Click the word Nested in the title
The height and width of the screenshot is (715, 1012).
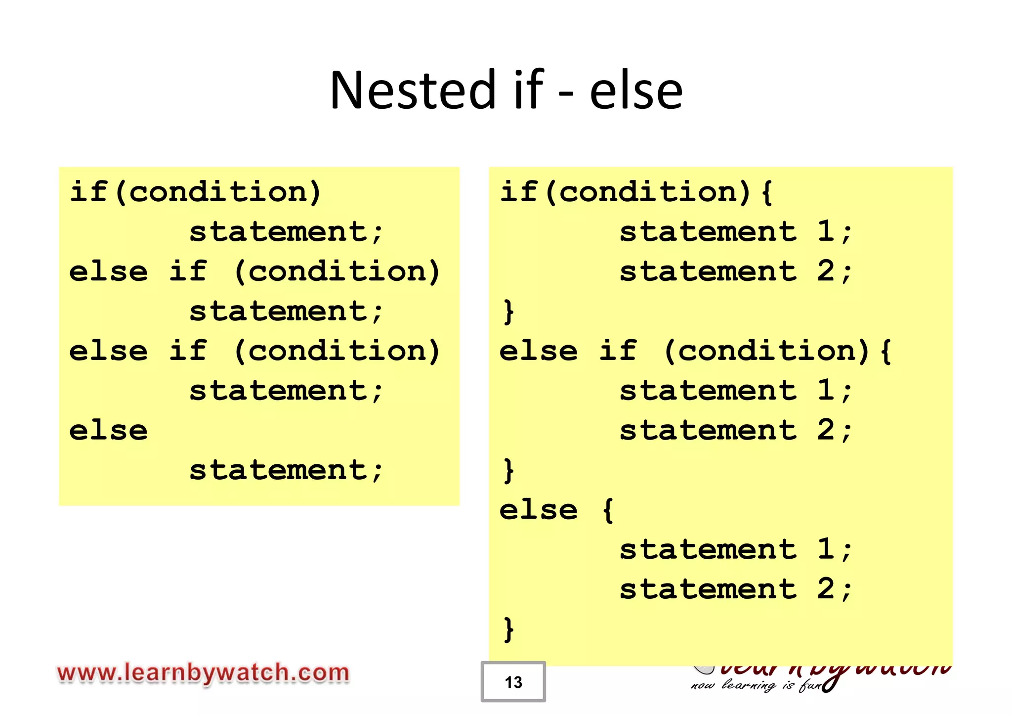[x=413, y=90]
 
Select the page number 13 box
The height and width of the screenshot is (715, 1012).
[x=513, y=682]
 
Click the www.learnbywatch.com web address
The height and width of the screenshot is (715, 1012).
[x=203, y=673]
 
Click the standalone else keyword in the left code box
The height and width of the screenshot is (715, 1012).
[x=109, y=430]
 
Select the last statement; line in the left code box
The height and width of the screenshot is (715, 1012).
[x=286, y=470]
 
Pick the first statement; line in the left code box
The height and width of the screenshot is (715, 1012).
[x=286, y=231]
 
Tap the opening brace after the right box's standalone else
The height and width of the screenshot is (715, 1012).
[x=608, y=510]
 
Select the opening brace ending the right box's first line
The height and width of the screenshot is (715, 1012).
[x=767, y=192]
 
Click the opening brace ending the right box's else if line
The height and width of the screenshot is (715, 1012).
[x=886, y=351]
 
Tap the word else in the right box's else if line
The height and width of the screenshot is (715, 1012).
[x=539, y=351]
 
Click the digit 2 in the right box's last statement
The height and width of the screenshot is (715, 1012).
[x=826, y=588]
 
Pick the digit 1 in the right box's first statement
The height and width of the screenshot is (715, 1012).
[x=826, y=231]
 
